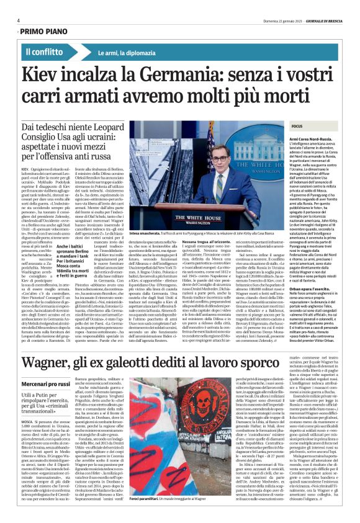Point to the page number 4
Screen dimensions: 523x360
(x=19, y=20)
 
